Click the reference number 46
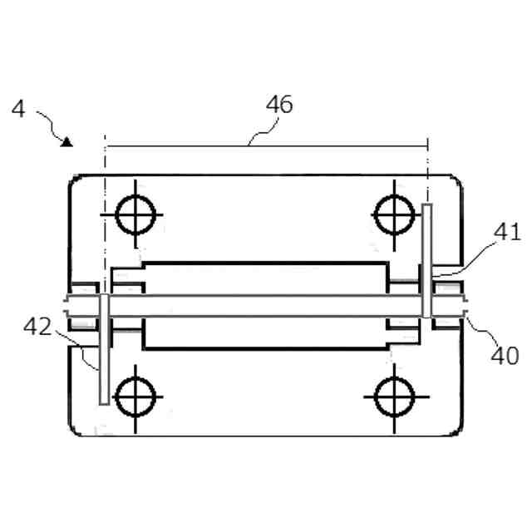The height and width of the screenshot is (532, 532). pos(279,105)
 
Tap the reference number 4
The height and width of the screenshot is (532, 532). pos(18,109)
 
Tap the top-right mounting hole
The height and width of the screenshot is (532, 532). pos(393,215)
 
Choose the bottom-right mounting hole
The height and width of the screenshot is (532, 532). pos(393,396)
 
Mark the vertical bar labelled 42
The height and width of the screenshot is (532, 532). pos(102,349)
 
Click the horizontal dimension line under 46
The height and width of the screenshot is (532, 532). pos(266,145)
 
